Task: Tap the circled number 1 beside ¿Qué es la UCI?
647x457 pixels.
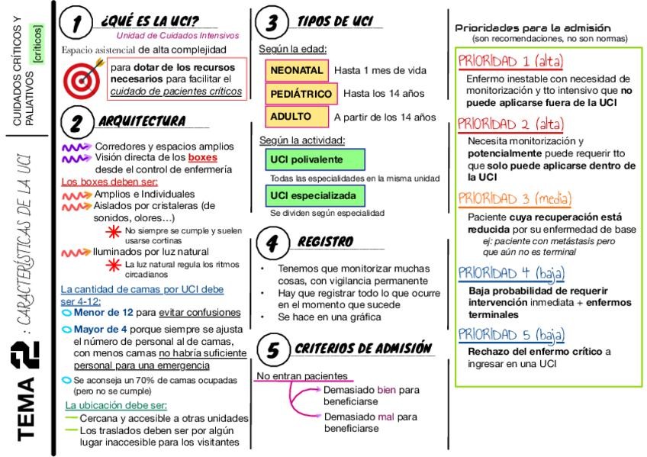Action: pyautogui.click(x=77, y=24)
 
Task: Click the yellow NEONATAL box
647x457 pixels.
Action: pyautogui.click(x=298, y=70)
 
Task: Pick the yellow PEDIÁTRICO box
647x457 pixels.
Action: pyautogui.click(x=302, y=94)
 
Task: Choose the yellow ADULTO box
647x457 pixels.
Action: pyautogui.click(x=290, y=117)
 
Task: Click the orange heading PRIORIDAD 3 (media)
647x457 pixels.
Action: pyautogui.click(x=514, y=199)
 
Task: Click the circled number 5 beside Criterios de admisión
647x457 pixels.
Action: pyautogui.click(x=272, y=350)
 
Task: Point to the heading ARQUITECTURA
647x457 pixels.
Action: pyautogui.click(x=142, y=121)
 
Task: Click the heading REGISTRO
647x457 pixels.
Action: pyautogui.click(x=325, y=242)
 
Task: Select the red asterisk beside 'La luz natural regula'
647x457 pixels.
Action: pyautogui.click(x=114, y=265)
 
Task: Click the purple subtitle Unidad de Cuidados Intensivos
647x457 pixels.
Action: pyautogui.click(x=177, y=35)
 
